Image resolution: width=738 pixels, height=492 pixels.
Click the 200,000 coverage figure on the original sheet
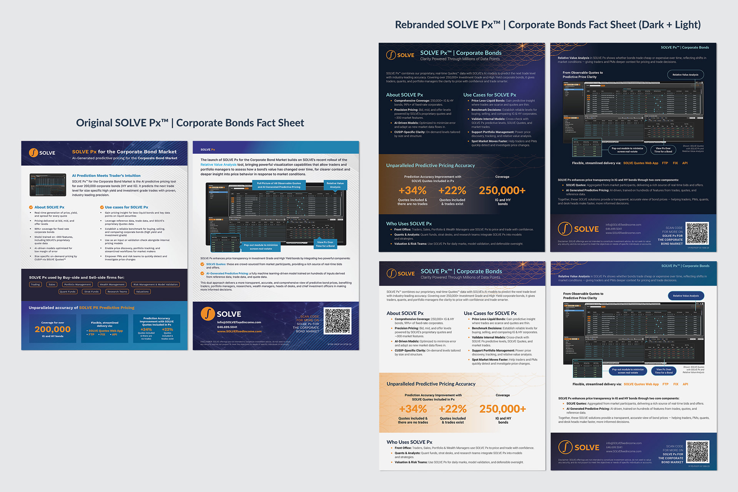(x=53, y=329)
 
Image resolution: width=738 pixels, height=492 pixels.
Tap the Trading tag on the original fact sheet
(x=35, y=284)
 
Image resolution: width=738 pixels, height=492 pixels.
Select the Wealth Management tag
(x=112, y=284)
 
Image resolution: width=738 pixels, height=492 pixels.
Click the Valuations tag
(x=142, y=292)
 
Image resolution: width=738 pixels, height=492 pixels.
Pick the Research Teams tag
(x=117, y=292)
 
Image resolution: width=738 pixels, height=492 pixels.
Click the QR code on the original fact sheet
(x=337, y=321)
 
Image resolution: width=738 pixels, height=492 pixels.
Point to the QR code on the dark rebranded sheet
(x=697, y=233)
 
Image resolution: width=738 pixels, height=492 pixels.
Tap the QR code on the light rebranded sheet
(x=698, y=452)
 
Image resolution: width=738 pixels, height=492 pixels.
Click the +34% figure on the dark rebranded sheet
(x=412, y=190)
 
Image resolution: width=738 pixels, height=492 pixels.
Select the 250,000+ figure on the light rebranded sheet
(x=503, y=409)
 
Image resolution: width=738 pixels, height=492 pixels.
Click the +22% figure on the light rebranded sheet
(x=453, y=409)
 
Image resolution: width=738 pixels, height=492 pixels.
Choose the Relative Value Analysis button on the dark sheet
(x=685, y=75)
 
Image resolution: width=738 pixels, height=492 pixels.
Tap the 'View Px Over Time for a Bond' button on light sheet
(x=664, y=371)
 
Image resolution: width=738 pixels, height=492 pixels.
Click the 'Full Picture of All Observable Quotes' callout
(x=279, y=185)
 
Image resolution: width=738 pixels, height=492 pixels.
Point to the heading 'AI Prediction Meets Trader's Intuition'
(x=106, y=176)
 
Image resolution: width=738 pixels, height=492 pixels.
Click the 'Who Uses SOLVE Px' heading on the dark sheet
(x=409, y=224)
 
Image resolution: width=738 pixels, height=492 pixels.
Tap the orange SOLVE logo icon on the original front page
(x=33, y=153)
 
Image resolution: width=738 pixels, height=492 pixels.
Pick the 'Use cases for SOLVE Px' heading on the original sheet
(x=126, y=207)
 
